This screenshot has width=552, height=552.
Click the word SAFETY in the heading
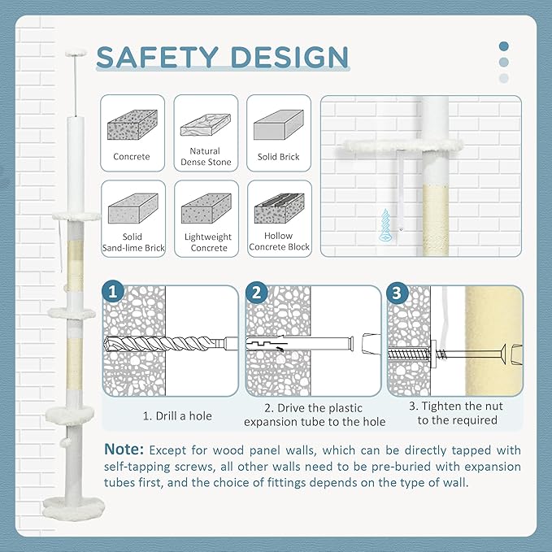pyautogui.click(x=158, y=57)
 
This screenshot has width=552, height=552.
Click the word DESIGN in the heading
pyautogui.click(x=289, y=57)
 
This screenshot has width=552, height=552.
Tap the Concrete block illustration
pyautogui.click(x=133, y=124)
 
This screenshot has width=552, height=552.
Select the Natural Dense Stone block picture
pyautogui.click(x=206, y=124)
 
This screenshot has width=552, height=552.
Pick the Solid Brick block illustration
pyautogui.click(x=279, y=124)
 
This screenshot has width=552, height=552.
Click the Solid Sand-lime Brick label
pyautogui.click(x=133, y=242)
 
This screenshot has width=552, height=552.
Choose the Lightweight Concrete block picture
pyautogui.click(x=206, y=208)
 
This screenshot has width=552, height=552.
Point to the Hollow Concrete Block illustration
pyautogui.click(x=279, y=208)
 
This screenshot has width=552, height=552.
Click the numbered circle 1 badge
pyautogui.click(x=113, y=292)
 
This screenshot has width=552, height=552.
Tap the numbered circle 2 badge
pyautogui.click(x=256, y=292)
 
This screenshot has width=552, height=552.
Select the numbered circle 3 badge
pyautogui.click(x=397, y=293)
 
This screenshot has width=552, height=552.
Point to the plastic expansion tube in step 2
pyautogui.click(x=300, y=343)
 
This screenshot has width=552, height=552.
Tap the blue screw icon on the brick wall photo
pyautogui.click(x=386, y=225)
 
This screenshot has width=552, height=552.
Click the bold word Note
pyautogui.click(x=124, y=450)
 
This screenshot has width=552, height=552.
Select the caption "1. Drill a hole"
pyautogui.click(x=177, y=415)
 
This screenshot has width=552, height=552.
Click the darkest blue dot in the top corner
pyautogui.click(x=504, y=46)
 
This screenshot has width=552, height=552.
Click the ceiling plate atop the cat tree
pyautogui.click(x=76, y=53)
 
